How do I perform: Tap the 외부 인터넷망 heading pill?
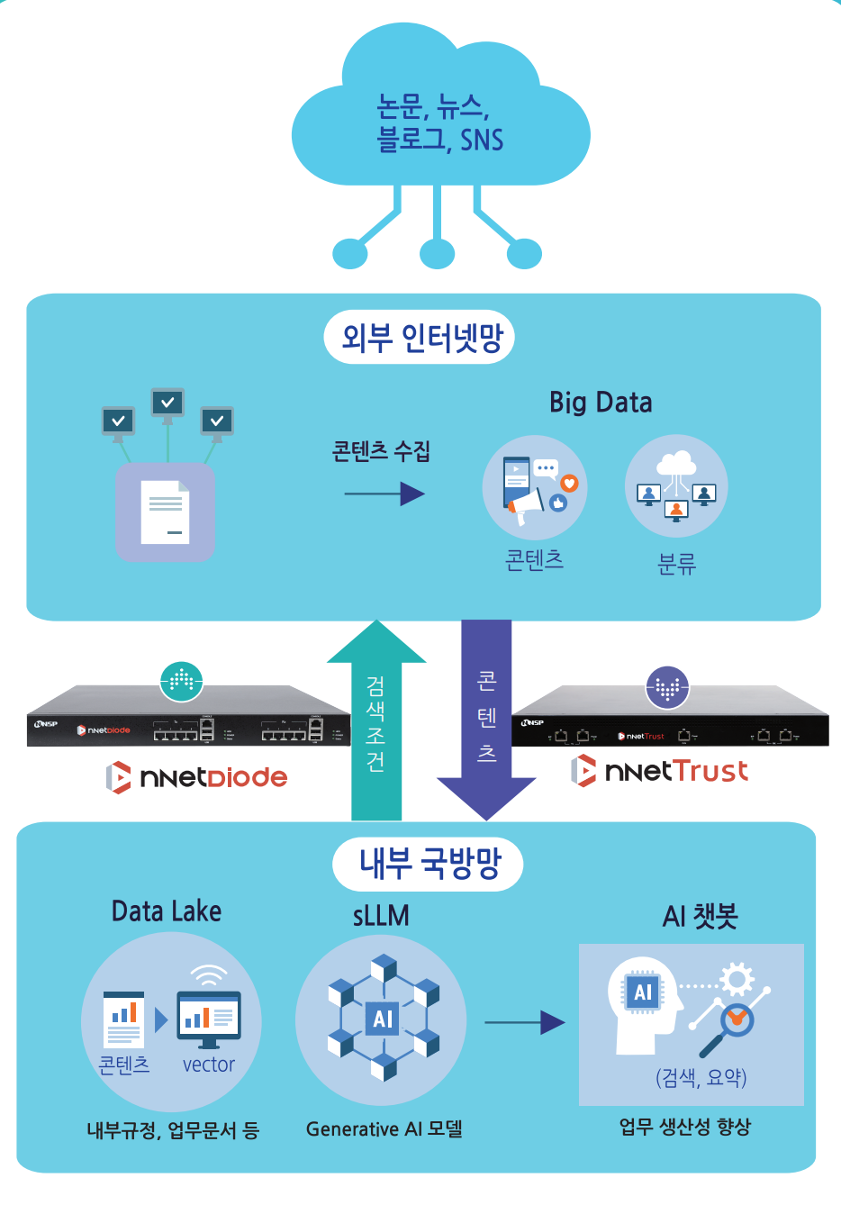coord(420,338)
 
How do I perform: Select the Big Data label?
coord(601,402)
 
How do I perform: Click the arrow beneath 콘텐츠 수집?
coord(384,494)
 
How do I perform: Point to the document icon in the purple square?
coord(166,511)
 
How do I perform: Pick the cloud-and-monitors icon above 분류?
coord(676,487)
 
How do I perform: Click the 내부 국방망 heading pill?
coord(428,864)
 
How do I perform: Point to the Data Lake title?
coord(167,911)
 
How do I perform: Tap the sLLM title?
coord(381,916)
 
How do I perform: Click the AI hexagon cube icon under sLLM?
coord(383,1018)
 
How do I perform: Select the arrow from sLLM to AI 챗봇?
coord(524,1022)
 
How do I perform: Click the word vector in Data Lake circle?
coord(208,1065)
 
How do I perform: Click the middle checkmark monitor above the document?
coord(167,403)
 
